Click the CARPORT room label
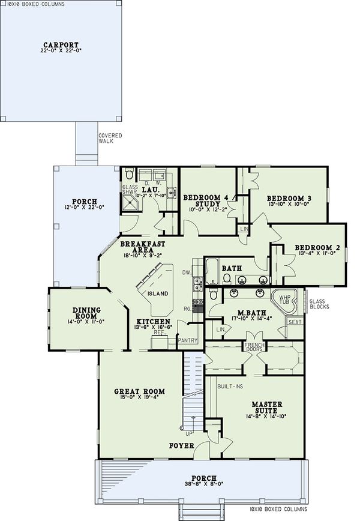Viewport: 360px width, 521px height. pyautogui.click(x=60, y=44)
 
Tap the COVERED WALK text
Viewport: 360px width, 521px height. pyautogui.click(x=110, y=138)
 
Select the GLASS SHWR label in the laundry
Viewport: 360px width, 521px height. pyautogui.click(x=130, y=190)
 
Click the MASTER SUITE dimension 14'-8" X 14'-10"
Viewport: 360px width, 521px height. pyautogui.click(x=259, y=415)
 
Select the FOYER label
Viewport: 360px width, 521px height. pyautogui.click(x=181, y=445)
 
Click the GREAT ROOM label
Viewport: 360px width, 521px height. pyautogui.click(x=139, y=391)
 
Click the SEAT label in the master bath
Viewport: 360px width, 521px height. pyautogui.click(x=294, y=322)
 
